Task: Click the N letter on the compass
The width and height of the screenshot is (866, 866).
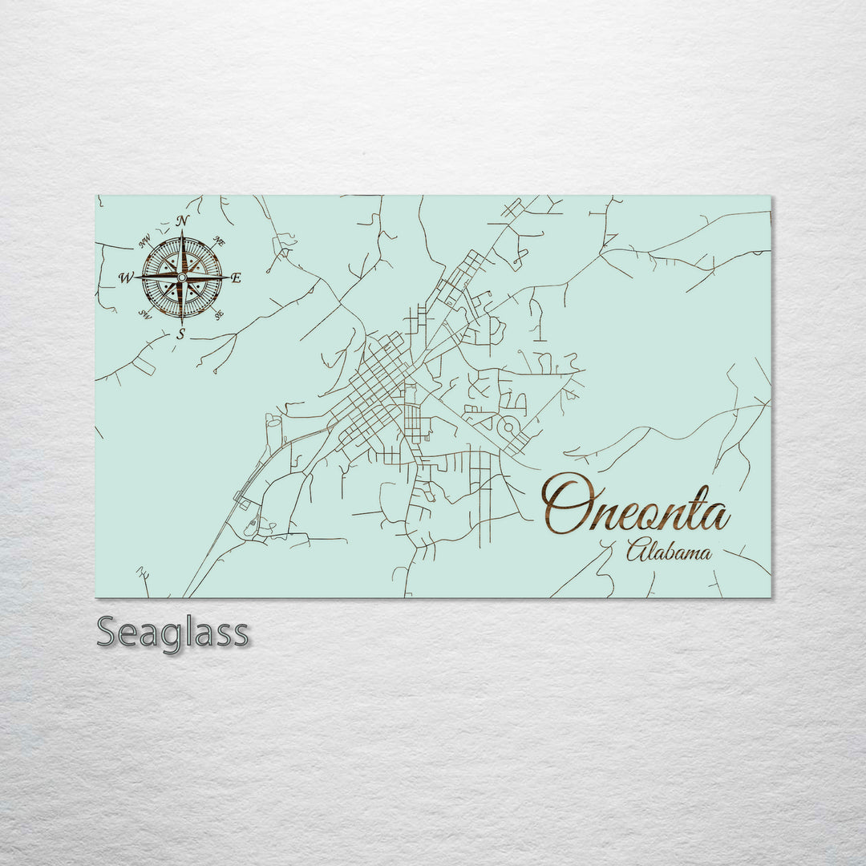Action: pos(183,221)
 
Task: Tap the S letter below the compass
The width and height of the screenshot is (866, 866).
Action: pos(180,335)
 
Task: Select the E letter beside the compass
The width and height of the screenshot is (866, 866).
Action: pos(236,278)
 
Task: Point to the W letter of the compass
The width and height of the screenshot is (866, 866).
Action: pos(126,278)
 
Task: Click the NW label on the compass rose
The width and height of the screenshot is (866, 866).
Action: pos(145,241)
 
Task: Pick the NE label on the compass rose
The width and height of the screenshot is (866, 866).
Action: pos(220,241)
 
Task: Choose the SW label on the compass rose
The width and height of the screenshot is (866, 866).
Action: pos(144,314)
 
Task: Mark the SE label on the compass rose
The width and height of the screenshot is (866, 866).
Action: pos(218,314)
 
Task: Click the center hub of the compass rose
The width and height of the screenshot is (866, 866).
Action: pos(182,277)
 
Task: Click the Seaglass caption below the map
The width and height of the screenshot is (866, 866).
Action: pos(172,633)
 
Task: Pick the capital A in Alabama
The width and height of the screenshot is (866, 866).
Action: pos(636,551)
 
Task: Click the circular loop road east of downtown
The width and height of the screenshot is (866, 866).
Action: pos(507,428)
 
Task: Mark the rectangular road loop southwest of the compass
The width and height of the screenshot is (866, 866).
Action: pos(143,366)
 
